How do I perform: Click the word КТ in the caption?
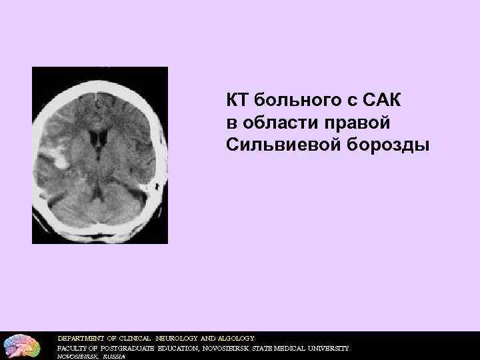tap(235, 101)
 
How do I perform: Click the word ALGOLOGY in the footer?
tap(233, 338)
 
